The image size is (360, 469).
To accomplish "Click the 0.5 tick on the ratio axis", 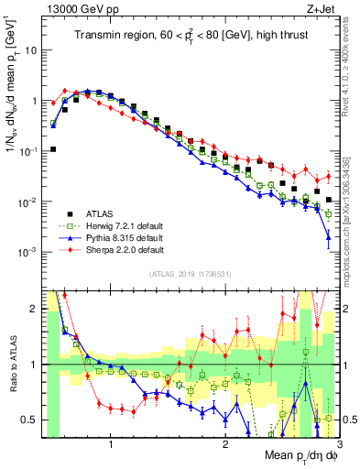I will point(29,420).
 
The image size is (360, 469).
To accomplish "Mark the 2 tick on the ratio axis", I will point(34,309).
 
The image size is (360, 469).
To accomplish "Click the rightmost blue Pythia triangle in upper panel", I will point(328,238).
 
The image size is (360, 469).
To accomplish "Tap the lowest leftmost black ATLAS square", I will point(53,148).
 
